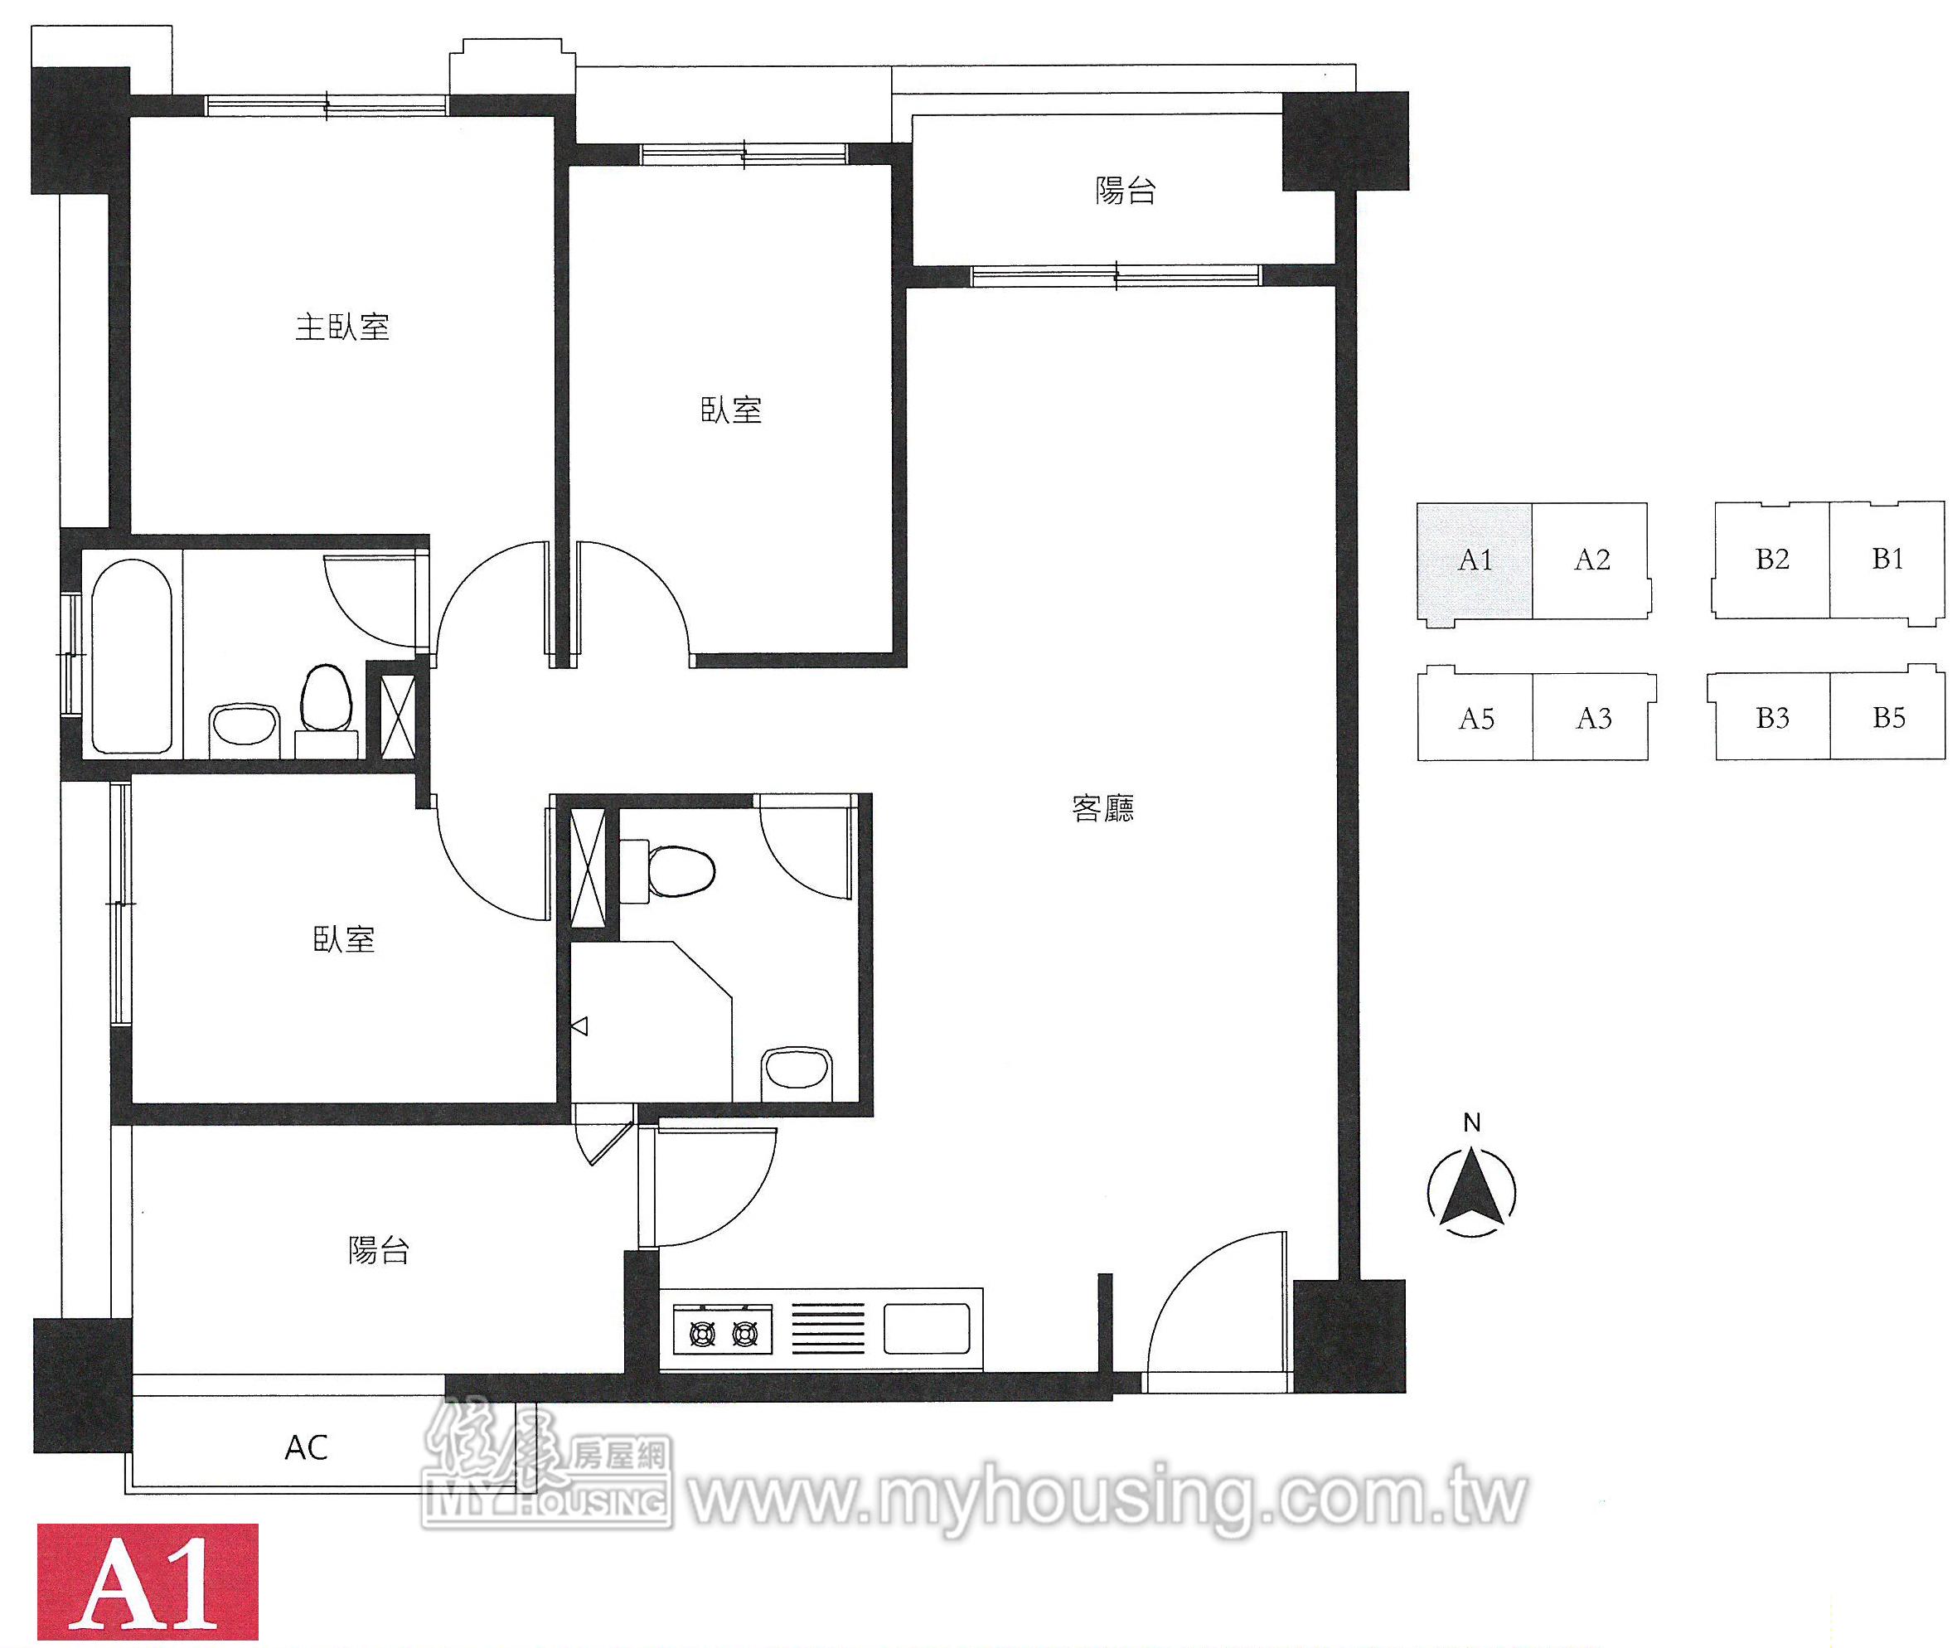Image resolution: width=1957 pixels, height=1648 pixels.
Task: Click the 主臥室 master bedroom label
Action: pyautogui.click(x=342, y=327)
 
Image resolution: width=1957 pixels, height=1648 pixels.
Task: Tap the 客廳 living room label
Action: pyautogui.click(x=1103, y=808)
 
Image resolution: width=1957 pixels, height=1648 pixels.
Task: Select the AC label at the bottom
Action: pyautogui.click(x=307, y=1447)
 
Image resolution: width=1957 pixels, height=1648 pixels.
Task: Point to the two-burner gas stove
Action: pyautogui.click(x=723, y=1332)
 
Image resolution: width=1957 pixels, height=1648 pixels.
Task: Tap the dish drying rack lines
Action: pyautogui.click(x=829, y=1329)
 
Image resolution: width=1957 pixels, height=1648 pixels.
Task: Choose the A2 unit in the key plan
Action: pyautogui.click(x=1591, y=560)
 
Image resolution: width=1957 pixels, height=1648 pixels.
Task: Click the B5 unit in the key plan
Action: pyautogui.click(x=1888, y=718)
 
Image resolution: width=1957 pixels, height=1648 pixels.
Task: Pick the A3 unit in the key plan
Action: pyautogui.click(x=1594, y=718)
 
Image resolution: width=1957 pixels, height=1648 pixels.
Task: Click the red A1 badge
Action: pyautogui.click(x=148, y=1582)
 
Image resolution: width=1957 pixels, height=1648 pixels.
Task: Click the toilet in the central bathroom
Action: pyautogui.click(x=668, y=870)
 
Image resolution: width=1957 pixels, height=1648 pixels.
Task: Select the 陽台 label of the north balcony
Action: pyautogui.click(x=1126, y=191)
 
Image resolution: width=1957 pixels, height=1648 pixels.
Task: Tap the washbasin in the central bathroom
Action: pyautogui.click(x=797, y=1067)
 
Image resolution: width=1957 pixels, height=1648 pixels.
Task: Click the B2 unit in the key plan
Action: pyautogui.click(x=1771, y=560)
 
